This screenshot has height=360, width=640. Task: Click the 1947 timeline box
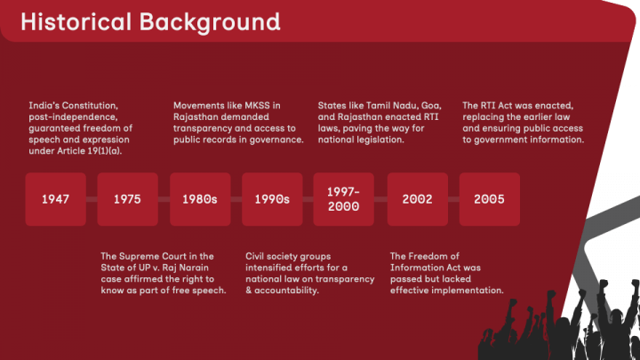click(55, 199)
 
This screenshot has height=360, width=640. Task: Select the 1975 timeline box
click(127, 199)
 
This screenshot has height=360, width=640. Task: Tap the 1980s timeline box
click(200, 199)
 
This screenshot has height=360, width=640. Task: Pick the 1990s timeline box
click(272, 199)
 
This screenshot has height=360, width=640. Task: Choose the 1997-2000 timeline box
click(344, 199)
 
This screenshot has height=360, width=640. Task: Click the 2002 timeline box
click(418, 199)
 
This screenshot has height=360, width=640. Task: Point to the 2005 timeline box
click(490, 199)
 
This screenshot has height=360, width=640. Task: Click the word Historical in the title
click(76, 21)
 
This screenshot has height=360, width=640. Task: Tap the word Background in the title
click(210, 23)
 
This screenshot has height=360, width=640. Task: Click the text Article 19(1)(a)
click(90, 151)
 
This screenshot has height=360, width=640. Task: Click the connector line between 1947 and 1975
click(92, 199)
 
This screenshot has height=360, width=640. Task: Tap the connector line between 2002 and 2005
click(454, 199)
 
